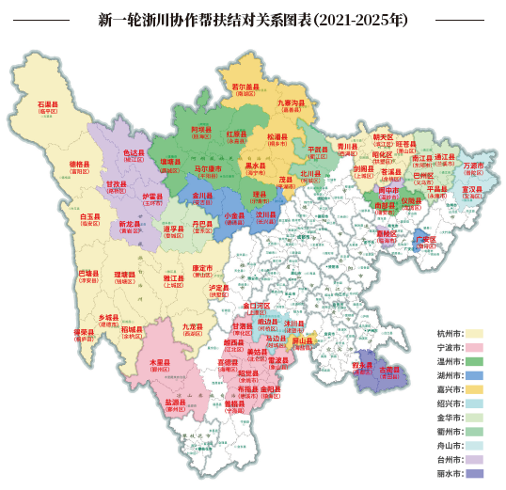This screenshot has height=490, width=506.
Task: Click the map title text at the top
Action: pyautogui.click(x=253, y=19)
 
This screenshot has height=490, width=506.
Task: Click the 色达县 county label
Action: pyautogui.click(x=135, y=152)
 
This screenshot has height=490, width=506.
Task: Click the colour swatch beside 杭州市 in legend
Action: pyautogui.click(x=476, y=333)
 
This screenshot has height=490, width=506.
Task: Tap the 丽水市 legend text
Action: pyautogui.click(x=449, y=474)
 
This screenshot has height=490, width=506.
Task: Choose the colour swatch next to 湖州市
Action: pyautogui.click(x=476, y=375)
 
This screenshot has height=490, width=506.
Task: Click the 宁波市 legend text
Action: pyautogui.click(x=449, y=347)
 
